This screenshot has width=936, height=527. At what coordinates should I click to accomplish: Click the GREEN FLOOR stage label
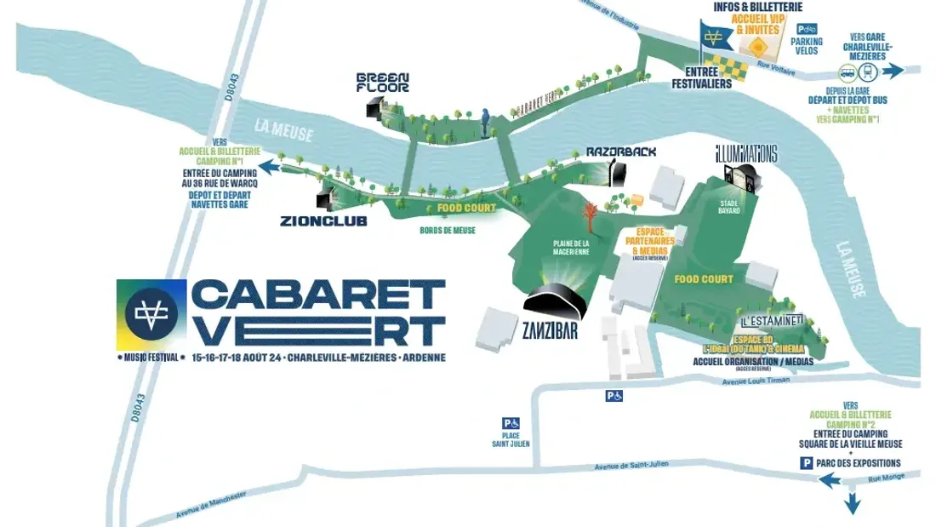[382, 82]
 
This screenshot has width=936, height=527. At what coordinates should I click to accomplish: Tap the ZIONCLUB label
[323, 221]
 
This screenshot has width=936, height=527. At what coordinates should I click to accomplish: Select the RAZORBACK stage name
[621, 152]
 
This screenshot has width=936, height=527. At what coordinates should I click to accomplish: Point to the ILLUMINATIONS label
[746, 154]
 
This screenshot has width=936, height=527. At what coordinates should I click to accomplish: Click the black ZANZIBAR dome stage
[556, 300]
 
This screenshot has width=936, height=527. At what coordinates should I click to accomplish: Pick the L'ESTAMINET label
[772, 322]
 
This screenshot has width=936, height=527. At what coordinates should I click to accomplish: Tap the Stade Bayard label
[728, 207]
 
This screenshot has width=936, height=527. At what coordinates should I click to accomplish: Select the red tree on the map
[589, 213]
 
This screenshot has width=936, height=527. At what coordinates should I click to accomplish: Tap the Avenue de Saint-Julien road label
[632, 464]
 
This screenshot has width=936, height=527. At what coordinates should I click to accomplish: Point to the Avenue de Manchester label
[211, 505]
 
